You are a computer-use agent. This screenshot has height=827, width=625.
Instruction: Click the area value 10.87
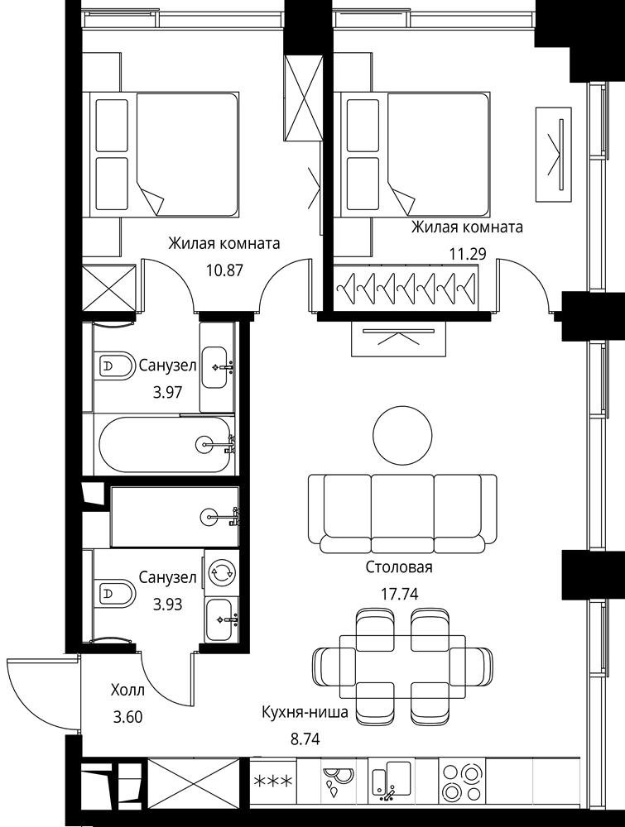225,270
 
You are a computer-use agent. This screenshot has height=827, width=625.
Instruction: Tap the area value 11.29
468,255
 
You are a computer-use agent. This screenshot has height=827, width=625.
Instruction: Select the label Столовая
399,567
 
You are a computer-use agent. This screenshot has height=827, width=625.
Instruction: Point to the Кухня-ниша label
305,713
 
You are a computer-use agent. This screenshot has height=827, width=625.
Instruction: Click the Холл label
127,690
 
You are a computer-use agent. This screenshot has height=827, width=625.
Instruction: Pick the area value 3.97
167,392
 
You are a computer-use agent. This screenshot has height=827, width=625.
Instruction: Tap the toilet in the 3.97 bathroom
114,365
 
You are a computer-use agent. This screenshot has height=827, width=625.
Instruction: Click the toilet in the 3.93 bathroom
114,594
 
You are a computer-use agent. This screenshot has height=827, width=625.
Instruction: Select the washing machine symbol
220,572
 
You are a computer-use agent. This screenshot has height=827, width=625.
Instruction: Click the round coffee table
402,435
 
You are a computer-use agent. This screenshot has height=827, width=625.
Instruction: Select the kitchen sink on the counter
392,782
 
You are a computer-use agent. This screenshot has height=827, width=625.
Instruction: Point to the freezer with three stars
273,782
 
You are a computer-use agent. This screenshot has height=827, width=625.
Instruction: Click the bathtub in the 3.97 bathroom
165,445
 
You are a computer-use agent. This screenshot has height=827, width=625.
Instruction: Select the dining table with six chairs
402,666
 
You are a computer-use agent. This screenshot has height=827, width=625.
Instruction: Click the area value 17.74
400,595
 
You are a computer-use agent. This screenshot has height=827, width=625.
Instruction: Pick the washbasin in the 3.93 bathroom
221,619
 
